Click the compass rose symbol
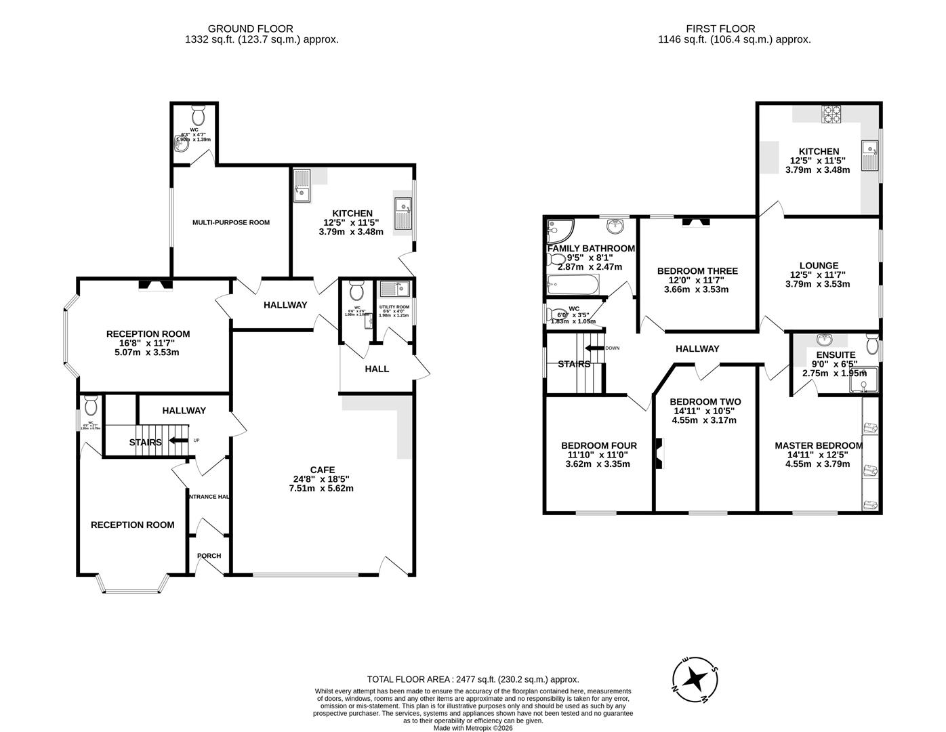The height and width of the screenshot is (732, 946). point(695,678)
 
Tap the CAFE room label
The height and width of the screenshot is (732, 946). point(322,469)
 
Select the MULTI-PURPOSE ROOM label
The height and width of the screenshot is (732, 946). point(231,222)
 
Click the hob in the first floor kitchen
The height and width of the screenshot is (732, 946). point(831,115)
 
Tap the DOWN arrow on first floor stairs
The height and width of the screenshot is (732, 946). point(595,348)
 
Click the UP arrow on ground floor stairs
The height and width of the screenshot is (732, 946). point(178,441)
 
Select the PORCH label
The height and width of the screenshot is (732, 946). point(209,556)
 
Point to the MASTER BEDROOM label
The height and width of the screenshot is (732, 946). point(819,445)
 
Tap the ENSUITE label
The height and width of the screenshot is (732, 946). point(836,354)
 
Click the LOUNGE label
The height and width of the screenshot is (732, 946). point(819,266)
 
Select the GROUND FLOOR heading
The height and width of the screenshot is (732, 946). point(250,28)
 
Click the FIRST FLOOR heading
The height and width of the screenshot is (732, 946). point(720,28)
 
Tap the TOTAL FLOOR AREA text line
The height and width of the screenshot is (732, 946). point(473,679)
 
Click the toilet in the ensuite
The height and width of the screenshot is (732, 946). point(872,346)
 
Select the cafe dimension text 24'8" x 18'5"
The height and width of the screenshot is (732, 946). point(322,479)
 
